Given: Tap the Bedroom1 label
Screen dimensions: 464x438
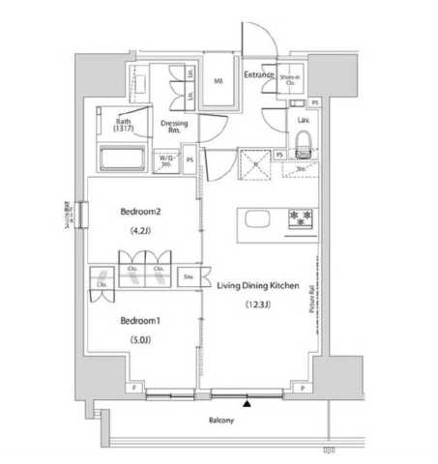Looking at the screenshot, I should (141, 320).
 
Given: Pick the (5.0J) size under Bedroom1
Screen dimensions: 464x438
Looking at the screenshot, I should (141, 340).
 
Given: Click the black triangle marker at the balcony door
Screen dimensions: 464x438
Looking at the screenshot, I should (247, 403).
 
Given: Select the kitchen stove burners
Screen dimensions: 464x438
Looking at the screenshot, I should (301, 218).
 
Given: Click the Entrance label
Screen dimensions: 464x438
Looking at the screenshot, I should (258, 74).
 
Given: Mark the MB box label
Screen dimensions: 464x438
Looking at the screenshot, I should (219, 81).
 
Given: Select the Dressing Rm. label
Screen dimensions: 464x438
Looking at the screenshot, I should (175, 126).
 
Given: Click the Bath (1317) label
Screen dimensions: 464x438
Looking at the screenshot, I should (121, 124).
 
